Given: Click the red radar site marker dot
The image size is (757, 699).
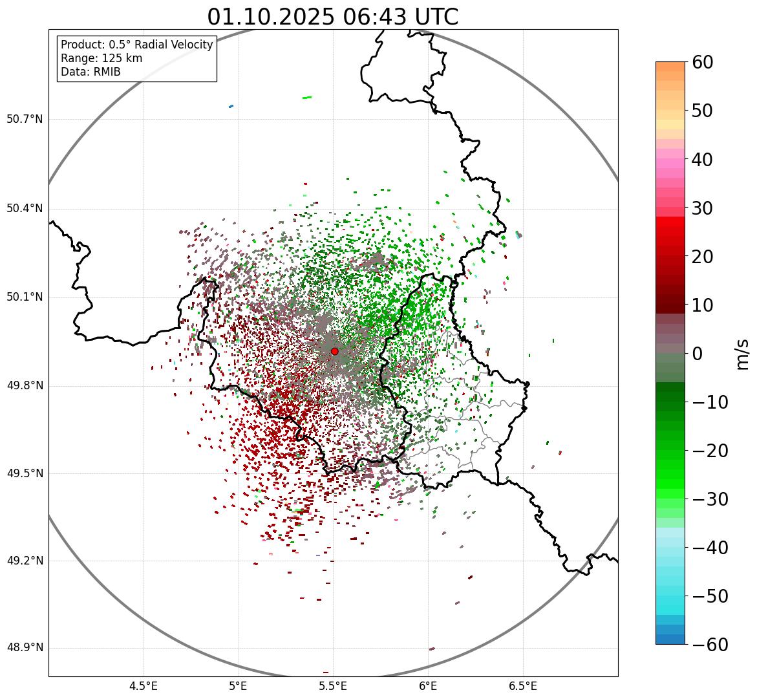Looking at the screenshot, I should [334, 351].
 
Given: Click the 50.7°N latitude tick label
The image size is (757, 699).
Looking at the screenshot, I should [24, 120].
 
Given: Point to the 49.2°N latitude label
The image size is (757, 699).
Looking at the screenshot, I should [24, 561].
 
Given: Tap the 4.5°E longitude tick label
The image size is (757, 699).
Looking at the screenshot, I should [144, 685].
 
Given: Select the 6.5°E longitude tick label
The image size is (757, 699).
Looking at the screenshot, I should [522, 685].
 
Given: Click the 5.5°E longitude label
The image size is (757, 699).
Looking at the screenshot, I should [333, 685].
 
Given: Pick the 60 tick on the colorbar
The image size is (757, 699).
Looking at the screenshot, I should [702, 62].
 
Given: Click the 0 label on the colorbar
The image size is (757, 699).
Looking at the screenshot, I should [698, 354].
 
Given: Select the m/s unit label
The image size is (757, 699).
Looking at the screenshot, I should [743, 354].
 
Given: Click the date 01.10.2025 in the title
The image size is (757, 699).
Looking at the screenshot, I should [271, 17].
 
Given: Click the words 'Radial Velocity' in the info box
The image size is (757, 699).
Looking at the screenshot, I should [175, 45].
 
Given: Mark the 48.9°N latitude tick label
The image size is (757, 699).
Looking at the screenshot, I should [24, 648].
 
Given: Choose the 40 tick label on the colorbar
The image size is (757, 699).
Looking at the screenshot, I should [702, 159].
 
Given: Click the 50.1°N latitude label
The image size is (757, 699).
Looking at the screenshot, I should [24, 297].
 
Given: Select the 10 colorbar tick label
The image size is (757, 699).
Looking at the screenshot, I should [702, 305].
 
